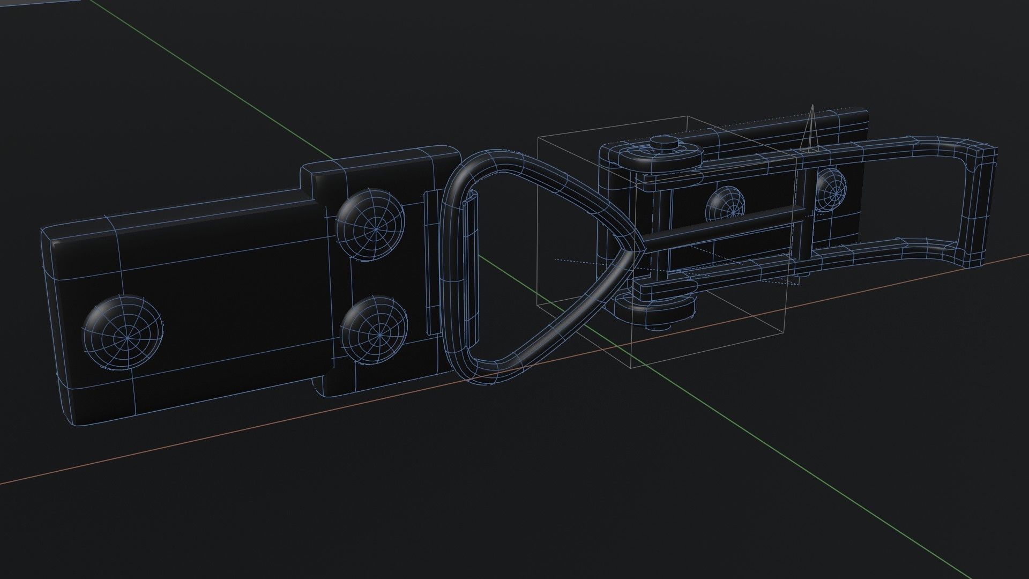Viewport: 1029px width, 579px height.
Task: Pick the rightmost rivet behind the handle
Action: point(831,188)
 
